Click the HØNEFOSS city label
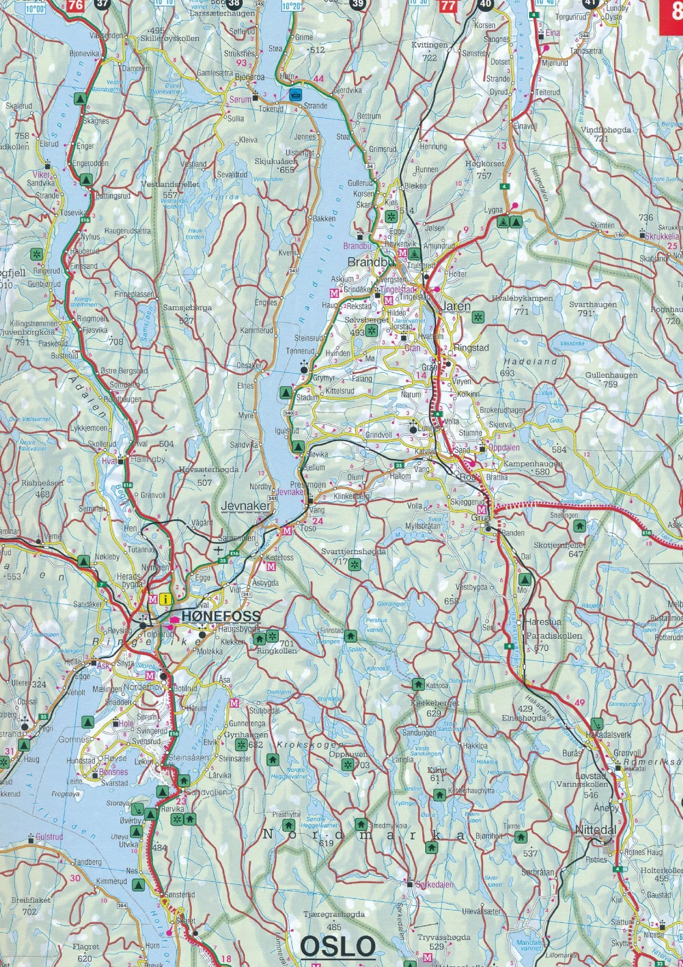pos(220,616)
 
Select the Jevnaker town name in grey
pos(246,506)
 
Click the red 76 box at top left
pos(76,6)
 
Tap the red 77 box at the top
pos(448,6)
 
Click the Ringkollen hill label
pos(277,651)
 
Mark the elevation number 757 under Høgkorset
pos(484,175)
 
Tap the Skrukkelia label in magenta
pos(664,236)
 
